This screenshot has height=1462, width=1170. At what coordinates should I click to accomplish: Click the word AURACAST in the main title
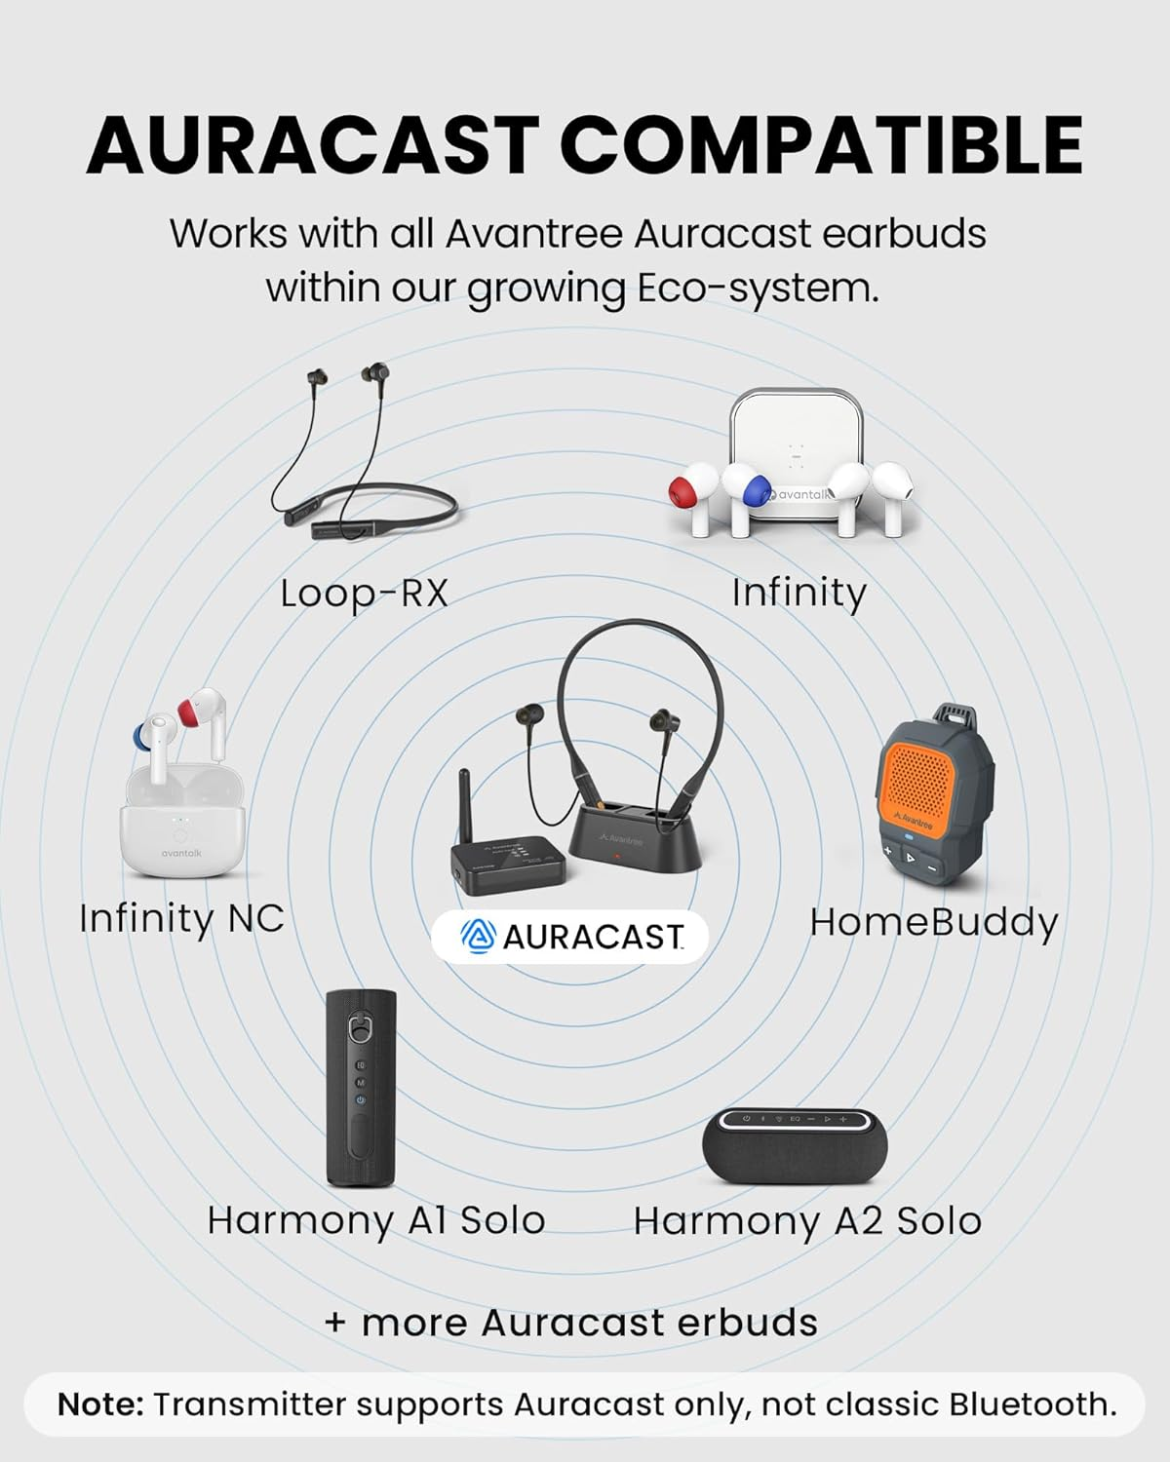312,146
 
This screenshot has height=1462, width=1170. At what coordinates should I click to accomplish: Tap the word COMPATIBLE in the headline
821,146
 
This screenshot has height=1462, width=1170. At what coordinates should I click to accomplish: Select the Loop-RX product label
364,593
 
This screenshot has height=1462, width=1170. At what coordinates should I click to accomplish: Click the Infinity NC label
181,918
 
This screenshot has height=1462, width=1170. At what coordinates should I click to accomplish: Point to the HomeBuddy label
933,922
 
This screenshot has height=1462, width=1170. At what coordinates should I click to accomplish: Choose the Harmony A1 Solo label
375,1220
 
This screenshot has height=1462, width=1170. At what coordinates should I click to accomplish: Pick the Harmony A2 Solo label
807,1221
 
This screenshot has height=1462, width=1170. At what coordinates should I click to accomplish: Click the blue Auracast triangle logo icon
478,937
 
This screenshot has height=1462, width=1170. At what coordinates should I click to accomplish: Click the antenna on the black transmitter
467,803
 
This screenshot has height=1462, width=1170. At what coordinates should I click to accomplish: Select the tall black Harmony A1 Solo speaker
361,1087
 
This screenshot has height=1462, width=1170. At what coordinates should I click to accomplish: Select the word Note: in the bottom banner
100,1404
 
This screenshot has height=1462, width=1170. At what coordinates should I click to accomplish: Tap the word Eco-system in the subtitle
757,289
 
